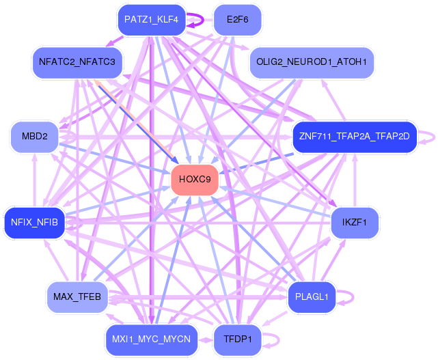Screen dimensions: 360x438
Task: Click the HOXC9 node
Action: [x=195, y=180]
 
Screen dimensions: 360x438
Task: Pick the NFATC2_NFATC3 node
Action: [x=77, y=62]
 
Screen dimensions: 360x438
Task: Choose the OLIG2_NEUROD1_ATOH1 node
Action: [x=312, y=62]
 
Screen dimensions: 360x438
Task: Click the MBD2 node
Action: [x=34, y=136]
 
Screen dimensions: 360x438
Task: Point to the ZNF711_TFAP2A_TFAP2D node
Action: [x=354, y=136]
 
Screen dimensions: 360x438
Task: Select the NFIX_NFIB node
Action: [x=34, y=221]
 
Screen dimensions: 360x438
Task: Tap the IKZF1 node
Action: [x=355, y=222]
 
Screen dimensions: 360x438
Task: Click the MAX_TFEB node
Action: [x=77, y=296]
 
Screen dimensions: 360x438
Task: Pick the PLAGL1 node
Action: [x=312, y=296]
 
